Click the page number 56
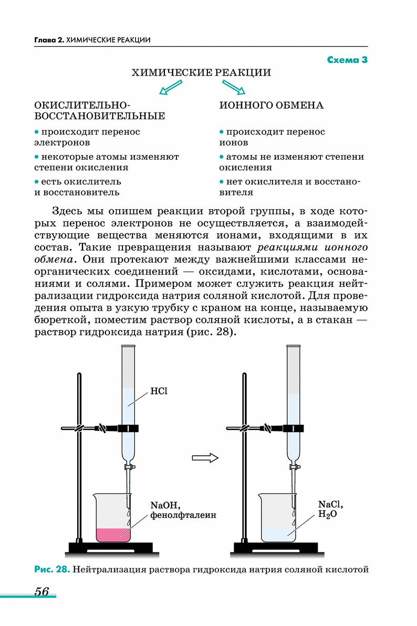click(x=41, y=591)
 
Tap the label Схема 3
click(x=347, y=60)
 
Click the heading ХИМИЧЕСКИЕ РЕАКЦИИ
click(x=201, y=73)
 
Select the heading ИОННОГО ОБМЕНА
click(x=271, y=105)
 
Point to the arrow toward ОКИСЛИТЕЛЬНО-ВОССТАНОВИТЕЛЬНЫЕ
click(x=170, y=88)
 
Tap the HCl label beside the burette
click(x=158, y=391)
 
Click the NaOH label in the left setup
click(x=165, y=506)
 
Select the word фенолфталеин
click(x=183, y=515)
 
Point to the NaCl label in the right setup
click(x=330, y=505)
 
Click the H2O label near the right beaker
click(x=327, y=516)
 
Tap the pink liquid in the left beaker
click(x=113, y=534)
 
